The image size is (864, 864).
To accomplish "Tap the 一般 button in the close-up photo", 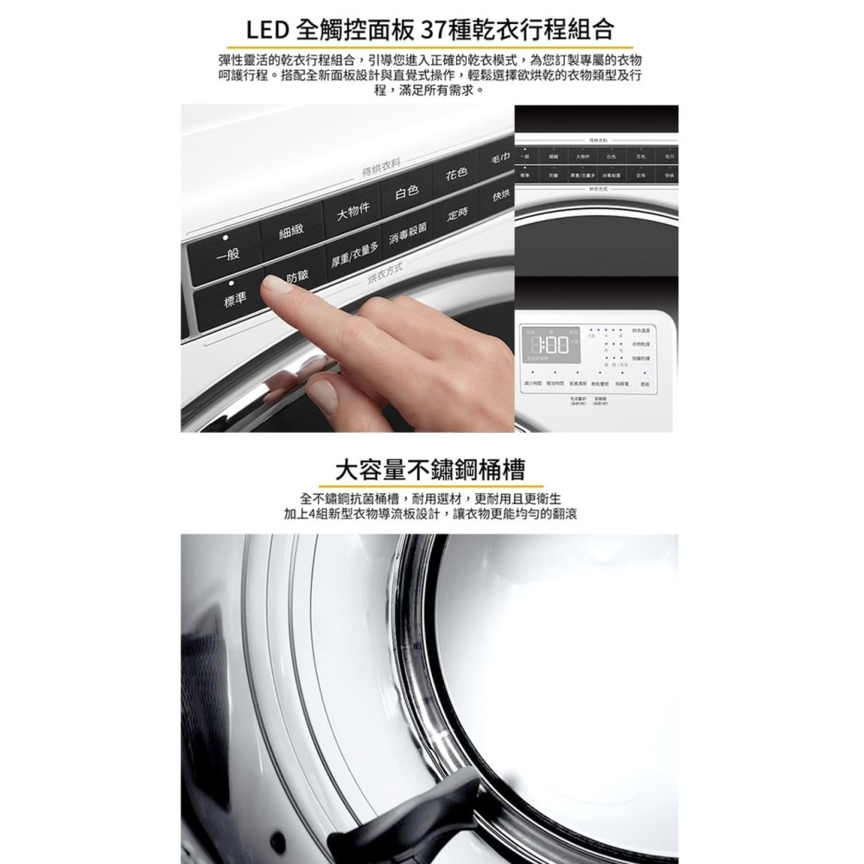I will coord(227,256).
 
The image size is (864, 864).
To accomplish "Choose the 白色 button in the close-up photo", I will coord(407,191).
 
